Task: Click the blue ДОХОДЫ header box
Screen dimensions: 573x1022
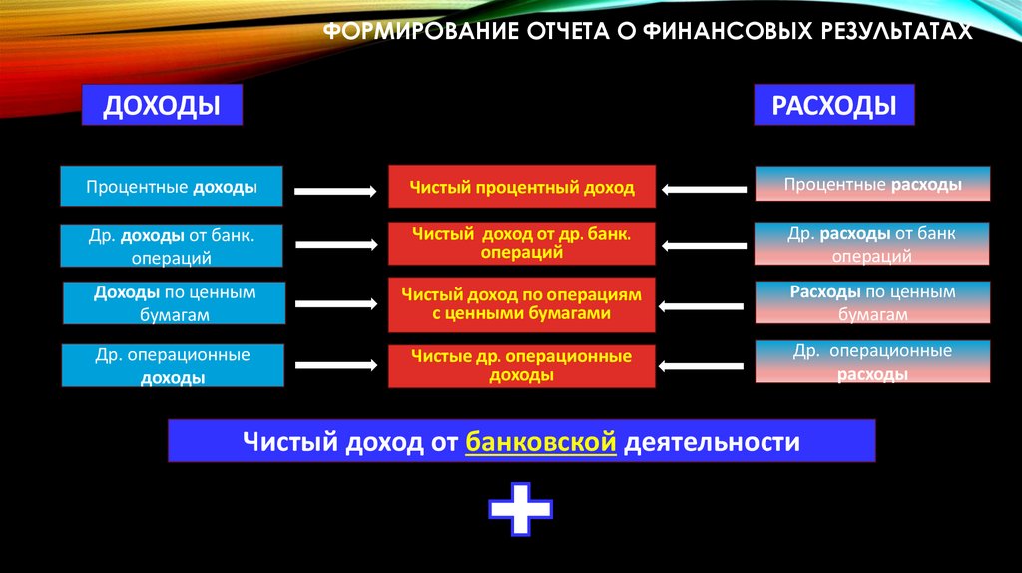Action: tap(162, 105)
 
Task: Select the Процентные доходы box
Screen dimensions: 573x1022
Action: tap(172, 187)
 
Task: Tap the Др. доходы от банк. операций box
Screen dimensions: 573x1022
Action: tap(172, 246)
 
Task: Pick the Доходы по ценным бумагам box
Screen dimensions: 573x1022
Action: tap(175, 303)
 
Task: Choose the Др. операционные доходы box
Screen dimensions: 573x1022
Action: tap(173, 365)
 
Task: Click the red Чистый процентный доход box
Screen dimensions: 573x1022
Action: tap(521, 187)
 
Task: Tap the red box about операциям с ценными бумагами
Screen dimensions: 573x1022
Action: tap(521, 303)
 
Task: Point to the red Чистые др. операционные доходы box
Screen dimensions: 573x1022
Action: tap(521, 365)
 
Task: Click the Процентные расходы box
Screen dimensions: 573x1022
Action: tap(872, 185)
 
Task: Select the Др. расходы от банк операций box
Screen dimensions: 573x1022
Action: tap(872, 244)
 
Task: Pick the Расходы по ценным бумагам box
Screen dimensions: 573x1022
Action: tap(872, 303)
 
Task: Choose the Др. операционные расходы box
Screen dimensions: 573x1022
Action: tap(872, 362)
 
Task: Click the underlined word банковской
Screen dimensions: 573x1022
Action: tap(539, 441)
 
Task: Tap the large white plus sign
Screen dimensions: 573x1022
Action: tap(520, 509)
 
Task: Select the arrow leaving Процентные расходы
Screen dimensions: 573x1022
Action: tap(707, 188)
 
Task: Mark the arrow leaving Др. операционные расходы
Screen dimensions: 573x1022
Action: tap(707, 365)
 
